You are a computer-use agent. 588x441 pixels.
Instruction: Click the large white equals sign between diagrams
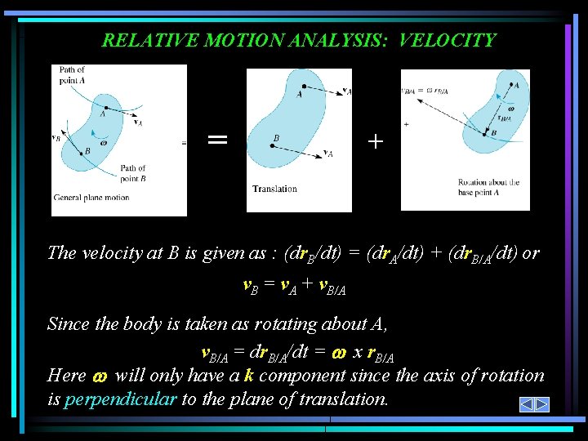(217, 140)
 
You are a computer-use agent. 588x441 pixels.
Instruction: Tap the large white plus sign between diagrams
(375, 141)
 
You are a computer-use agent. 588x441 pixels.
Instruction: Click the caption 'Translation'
(275, 189)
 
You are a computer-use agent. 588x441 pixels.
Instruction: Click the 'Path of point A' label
(72, 74)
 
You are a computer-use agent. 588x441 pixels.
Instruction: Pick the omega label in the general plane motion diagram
(104, 144)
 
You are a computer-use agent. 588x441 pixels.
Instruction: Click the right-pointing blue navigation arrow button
(541, 404)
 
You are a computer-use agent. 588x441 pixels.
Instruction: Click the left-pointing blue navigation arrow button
(527, 404)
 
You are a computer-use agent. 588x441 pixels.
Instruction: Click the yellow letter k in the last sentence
(249, 376)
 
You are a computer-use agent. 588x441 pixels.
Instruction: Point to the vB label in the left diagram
(56, 138)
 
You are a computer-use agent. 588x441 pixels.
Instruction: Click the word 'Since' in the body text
(69, 323)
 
